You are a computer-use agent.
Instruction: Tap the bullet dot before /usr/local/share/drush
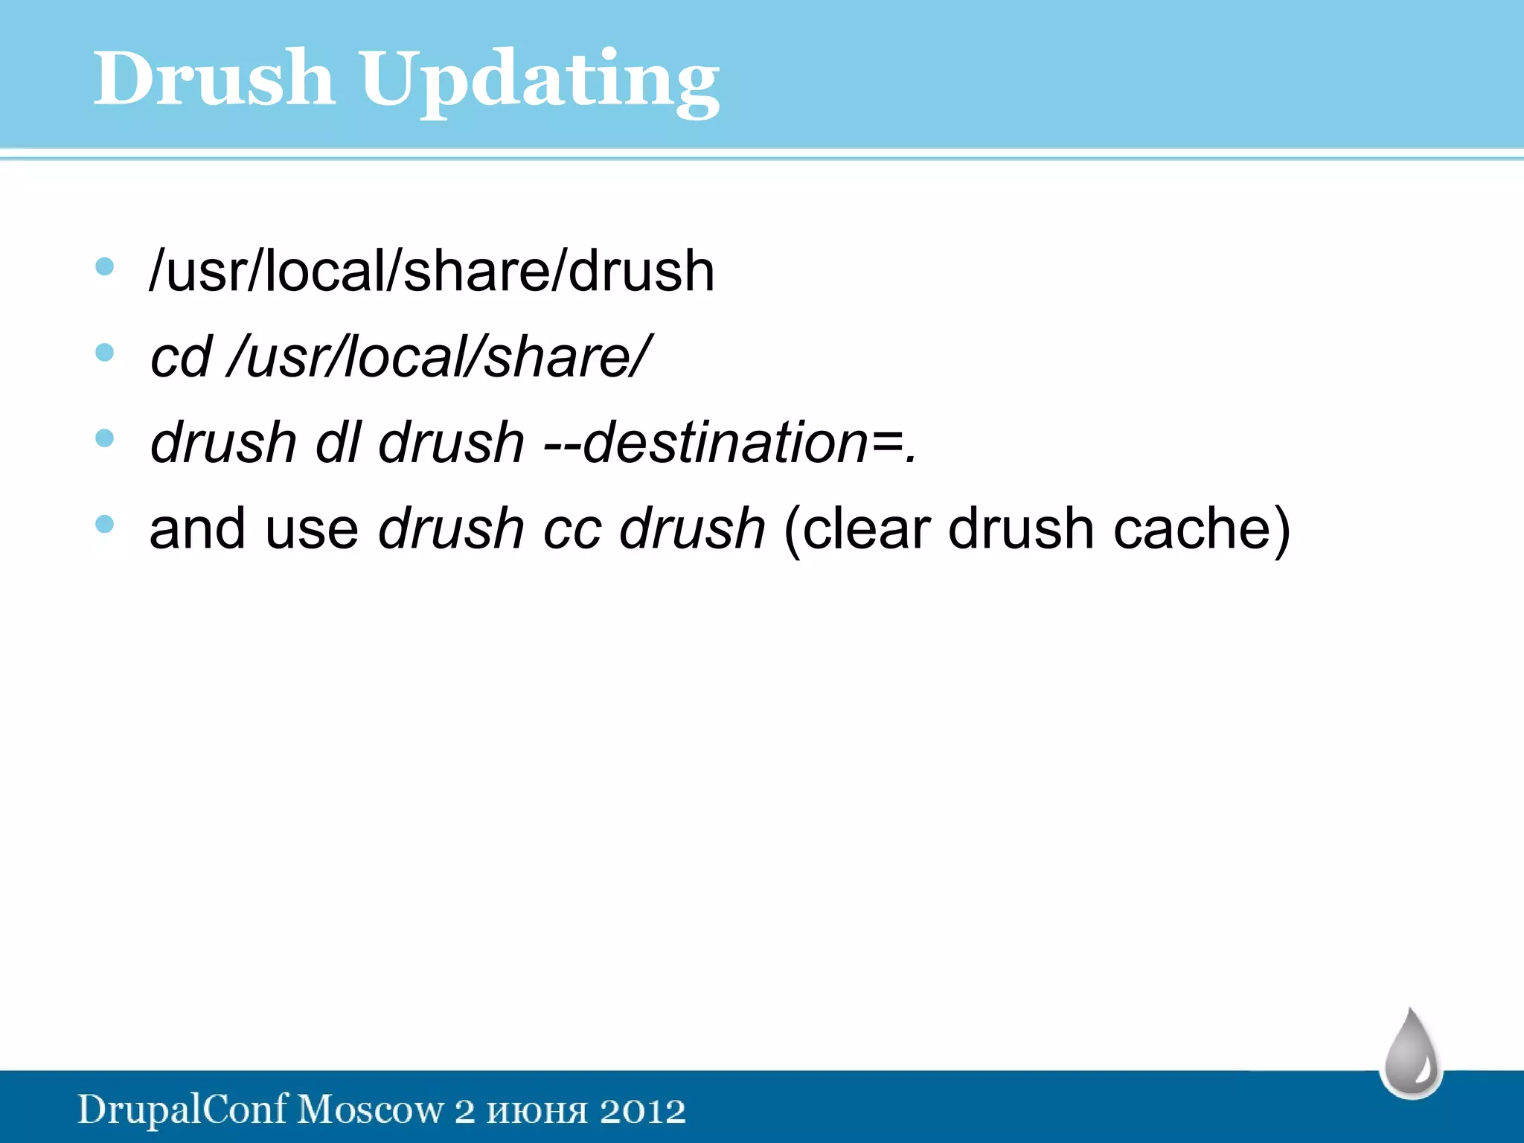(105, 266)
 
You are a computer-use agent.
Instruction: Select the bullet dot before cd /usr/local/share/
(105, 352)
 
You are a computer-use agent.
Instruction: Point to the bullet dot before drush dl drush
(105, 438)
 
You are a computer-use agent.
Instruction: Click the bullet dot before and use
(105, 524)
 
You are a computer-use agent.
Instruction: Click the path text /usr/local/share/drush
(432, 271)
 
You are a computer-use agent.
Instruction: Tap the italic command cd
(181, 357)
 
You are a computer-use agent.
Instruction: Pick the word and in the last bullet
(197, 529)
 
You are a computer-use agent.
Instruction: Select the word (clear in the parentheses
(857, 529)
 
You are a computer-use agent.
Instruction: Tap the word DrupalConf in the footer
(182, 1110)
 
